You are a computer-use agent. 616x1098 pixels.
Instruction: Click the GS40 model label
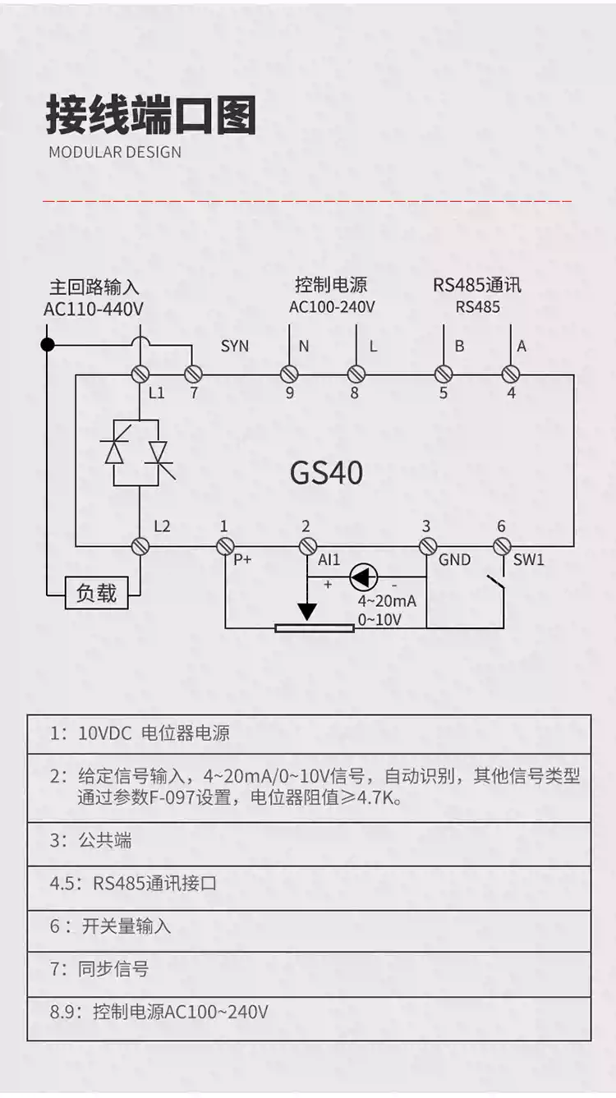tap(326, 472)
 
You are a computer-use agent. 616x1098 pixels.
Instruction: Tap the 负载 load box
tap(96, 593)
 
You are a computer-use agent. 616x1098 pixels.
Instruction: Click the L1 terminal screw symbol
tap(140, 374)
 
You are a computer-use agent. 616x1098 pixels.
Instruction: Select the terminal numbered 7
tap(193, 374)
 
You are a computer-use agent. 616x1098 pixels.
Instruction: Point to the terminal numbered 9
tap(289, 374)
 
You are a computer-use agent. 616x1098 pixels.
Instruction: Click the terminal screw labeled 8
tap(356, 374)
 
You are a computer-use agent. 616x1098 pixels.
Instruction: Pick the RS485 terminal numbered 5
tap(444, 374)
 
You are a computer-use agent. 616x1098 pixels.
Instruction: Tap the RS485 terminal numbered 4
tap(511, 374)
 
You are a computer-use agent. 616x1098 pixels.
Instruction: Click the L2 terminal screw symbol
tap(140, 545)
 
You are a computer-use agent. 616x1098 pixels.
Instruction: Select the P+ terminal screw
tap(223, 545)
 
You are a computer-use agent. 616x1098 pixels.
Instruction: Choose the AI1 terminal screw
tap(307, 545)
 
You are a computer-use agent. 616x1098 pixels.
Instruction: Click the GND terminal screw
tap(426, 545)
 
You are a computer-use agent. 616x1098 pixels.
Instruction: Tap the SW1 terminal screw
tap(503, 545)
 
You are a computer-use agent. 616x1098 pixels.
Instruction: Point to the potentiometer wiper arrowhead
tap(307, 613)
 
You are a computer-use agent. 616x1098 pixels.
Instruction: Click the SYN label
tap(234, 346)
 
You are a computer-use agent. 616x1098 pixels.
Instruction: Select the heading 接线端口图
tap(150, 115)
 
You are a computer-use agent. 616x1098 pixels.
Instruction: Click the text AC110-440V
tap(93, 310)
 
